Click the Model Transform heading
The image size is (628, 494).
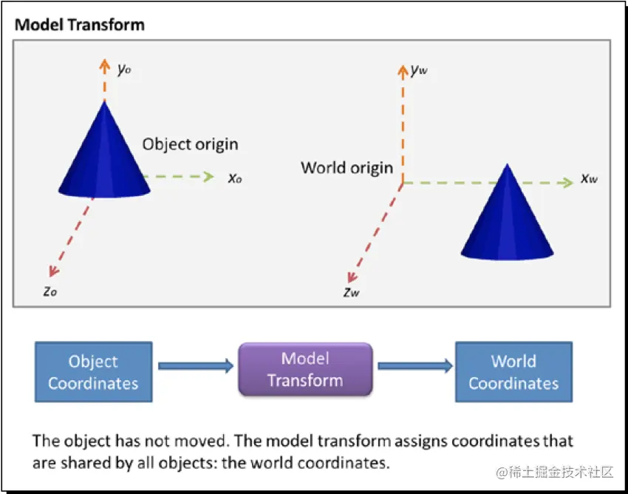pyautogui.click(x=80, y=24)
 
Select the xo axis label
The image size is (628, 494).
pyautogui.click(x=235, y=177)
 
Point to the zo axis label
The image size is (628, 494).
pyautogui.click(x=50, y=291)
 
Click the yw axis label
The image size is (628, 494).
pyautogui.click(x=419, y=70)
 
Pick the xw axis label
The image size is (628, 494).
pyautogui.click(x=589, y=178)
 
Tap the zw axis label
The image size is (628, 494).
pyautogui.click(x=352, y=291)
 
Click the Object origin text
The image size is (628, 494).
pyautogui.click(x=190, y=144)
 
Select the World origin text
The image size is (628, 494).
pyautogui.click(x=347, y=167)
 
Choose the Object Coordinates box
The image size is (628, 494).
pyautogui.click(x=93, y=372)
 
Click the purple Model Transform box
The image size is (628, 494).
pyautogui.click(x=304, y=370)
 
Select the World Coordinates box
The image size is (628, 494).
pyautogui.click(x=513, y=372)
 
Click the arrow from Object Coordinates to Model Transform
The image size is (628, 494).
pyautogui.click(x=195, y=365)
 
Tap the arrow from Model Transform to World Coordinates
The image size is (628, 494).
pyautogui.click(x=414, y=365)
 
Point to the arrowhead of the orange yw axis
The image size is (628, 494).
pyautogui.click(x=403, y=70)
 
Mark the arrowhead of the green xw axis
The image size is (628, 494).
pyautogui.click(x=569, y=182)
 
